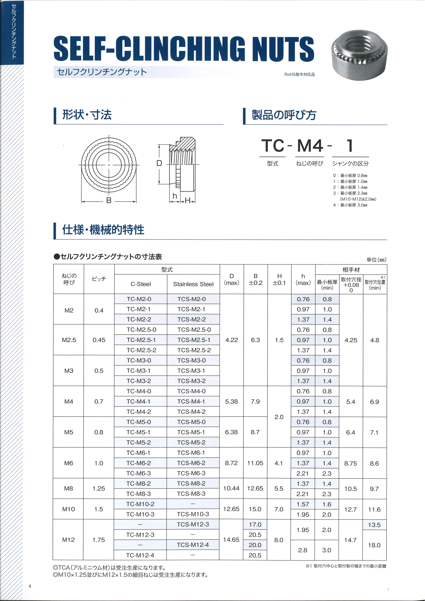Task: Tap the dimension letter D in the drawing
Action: point(159,163)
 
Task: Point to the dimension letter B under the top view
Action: point(109,200)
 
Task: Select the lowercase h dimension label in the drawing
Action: point(175,196)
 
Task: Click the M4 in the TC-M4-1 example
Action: point(310,146)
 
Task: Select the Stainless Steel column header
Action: point(193,284)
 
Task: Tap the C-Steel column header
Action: point(141,284)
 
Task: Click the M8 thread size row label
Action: point(68,488)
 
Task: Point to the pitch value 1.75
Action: point(99,540)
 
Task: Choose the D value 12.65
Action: point(231,509)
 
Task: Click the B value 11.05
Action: point(255,463)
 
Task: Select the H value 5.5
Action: point(279,488)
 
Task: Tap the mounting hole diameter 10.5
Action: point(351,489)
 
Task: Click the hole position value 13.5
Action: point(374,525)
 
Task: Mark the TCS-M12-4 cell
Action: point(193,545)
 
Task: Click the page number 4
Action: point(30,586)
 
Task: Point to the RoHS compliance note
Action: point(299,74)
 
